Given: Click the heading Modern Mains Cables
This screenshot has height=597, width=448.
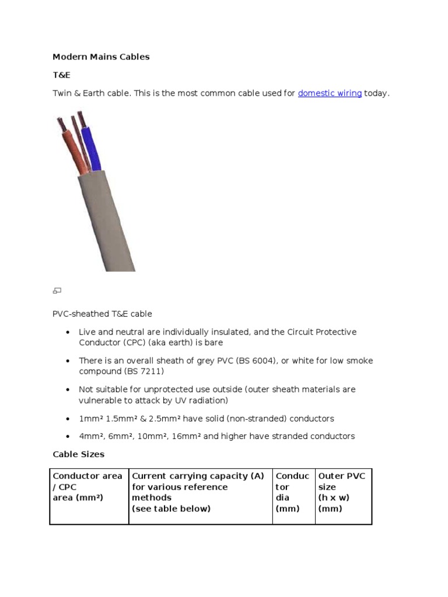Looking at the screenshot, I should tap(101, 57).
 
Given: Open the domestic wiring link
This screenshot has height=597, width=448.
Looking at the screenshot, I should tap(330, 93).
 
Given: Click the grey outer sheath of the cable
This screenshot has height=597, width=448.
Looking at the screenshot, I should tap(105, 222).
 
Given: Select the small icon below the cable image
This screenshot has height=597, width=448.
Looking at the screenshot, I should tap(57, 290).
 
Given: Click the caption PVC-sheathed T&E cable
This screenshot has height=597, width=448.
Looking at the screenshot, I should tap(102, 314).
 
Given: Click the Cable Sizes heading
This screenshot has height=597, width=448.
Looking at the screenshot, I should tap(78, 454).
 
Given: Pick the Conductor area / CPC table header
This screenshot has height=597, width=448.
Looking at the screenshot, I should tap(88, 487).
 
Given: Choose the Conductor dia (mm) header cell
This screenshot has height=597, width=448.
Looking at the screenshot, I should tap(293, 492).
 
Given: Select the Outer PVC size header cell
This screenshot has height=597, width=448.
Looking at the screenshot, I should tap(342, 492).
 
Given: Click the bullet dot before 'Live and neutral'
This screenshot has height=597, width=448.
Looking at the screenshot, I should tap(67, 332).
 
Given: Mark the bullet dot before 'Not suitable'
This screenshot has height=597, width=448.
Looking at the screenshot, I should tap(67, 389).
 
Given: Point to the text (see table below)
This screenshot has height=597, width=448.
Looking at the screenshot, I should tap(171, 509).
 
